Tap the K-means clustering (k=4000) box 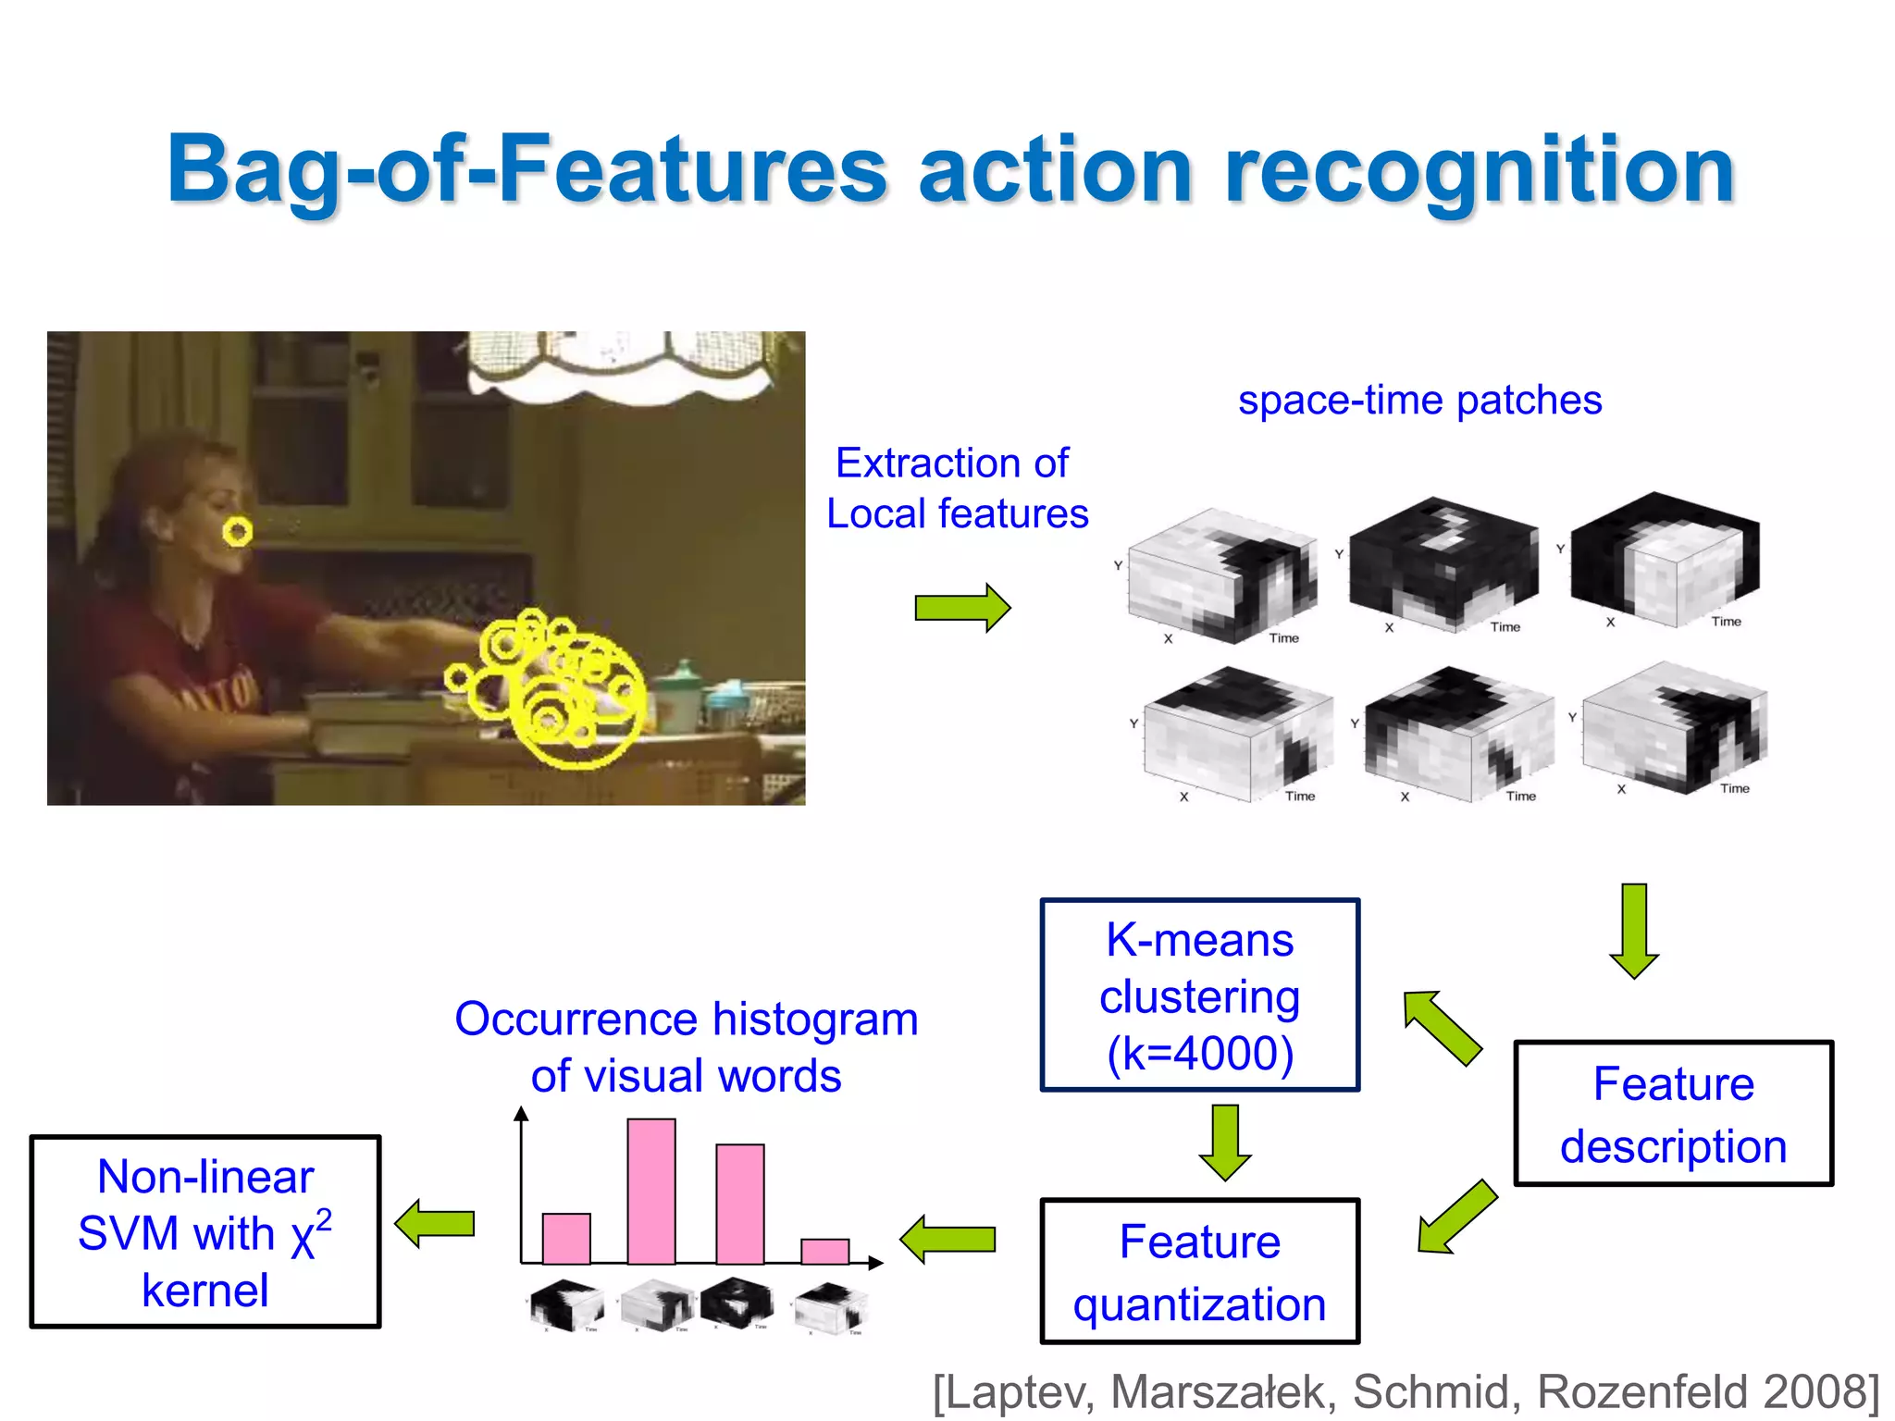(x=1199, y=995)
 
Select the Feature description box (x=1673, y=1113)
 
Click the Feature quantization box (x=1199, y=1271)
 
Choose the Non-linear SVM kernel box (x=204, y=1232)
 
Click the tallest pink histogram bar (x=650, y=1191)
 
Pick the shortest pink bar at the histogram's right (x=824, y=1251)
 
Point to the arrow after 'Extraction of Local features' (x=962, y=608)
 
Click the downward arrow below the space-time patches (x=1633, y=931)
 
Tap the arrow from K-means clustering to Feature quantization (x=1224, y=1143)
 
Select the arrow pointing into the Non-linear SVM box (x=435, y=1224)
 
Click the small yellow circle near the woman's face (x=238, y=532)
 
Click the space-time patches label (x=1419, y=401)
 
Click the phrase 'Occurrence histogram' (x=686, y=1019)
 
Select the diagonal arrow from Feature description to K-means (x=1442, y=1028)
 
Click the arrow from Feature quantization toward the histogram (x=948, y=1239)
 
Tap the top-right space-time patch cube (x=1666, y=559)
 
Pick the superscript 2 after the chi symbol (x=324, y=1221)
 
